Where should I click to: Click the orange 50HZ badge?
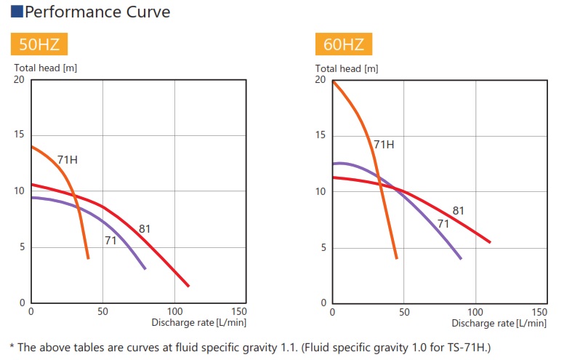coord(39,45)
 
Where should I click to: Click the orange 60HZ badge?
coord(344,45)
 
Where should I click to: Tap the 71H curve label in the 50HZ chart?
coord(68,159)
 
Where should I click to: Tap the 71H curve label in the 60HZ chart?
coord(384,145)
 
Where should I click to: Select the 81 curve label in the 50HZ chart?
coord(145,229)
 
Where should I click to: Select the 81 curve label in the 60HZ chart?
coord(458,211)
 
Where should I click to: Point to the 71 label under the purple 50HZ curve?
coord(110,240)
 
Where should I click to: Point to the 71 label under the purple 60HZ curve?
coord(443,223)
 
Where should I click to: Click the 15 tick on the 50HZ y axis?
coord(20,135)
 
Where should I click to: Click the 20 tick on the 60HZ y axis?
coord(321,79)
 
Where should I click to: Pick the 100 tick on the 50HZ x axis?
coord(174,311)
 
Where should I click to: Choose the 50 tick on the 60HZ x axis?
coord(404,311)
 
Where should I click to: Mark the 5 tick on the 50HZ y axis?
coord(22,247)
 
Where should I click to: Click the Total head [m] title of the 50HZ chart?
coord(46,68)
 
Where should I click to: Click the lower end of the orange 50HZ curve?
coord(88,257)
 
